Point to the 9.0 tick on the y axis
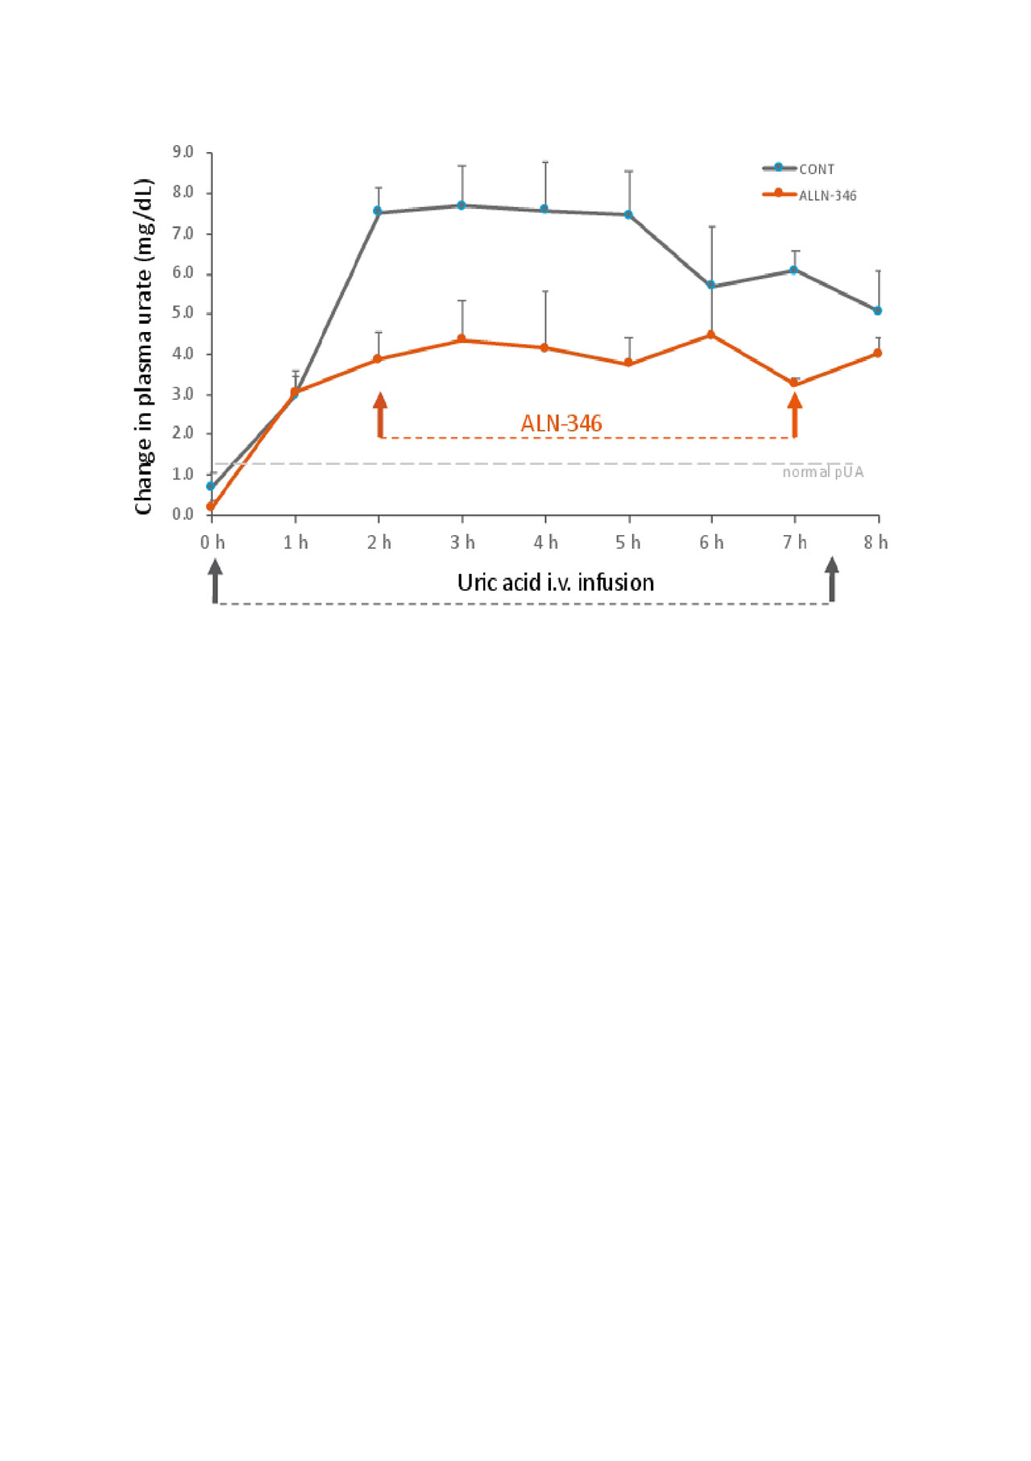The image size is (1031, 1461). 183,152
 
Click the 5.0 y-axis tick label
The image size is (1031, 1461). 183,313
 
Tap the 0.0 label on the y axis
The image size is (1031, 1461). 183,514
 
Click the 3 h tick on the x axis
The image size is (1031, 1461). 462,542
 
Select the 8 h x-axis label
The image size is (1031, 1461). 876,542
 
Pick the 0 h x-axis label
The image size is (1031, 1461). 213,542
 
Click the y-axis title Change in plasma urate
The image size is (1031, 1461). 143,347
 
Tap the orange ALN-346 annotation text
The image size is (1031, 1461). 561,423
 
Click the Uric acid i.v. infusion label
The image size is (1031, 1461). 556,583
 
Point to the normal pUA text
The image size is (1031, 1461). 822,472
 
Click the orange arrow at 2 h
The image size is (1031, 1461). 380,414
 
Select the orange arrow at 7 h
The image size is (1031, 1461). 795,414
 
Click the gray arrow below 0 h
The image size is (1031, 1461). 215,580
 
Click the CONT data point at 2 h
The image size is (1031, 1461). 378,211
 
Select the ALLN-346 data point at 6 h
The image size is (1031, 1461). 711,334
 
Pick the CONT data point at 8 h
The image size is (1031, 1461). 878,310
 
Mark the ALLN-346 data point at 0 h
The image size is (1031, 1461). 211,507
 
